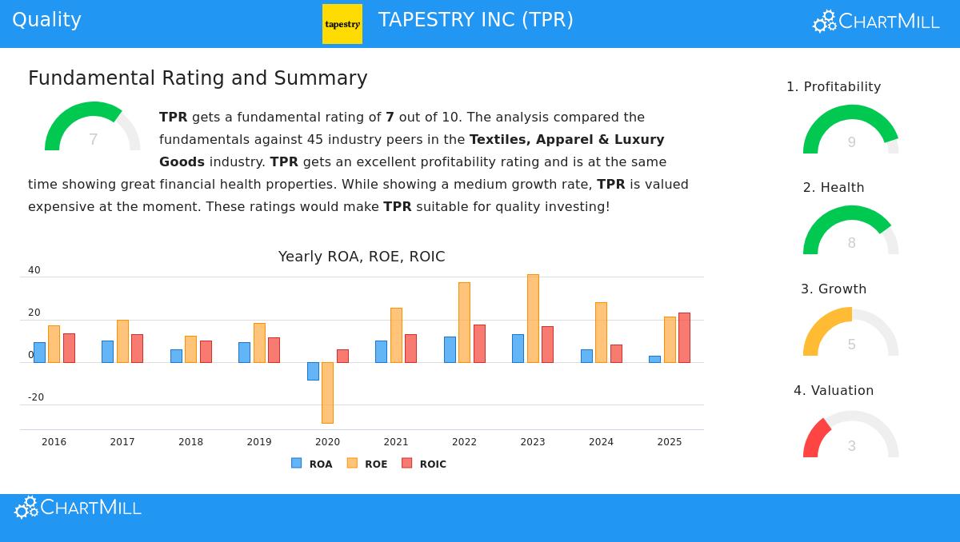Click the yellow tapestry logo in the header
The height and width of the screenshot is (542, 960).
[x=342, y=24]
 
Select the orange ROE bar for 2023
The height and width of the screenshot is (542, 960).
[x=533, y=318]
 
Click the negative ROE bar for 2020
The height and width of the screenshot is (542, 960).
[x=327, y=393]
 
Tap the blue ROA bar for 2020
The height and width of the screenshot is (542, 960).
[x=313, y=371]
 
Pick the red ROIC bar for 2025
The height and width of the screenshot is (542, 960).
[x=684, y=337]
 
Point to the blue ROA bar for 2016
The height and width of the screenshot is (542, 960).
[x=39, y=353]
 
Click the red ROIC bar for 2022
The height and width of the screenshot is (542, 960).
[x=479, y=344]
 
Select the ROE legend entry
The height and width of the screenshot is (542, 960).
[x=367, y=464]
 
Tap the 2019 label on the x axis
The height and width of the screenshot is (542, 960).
[x=259, y=442]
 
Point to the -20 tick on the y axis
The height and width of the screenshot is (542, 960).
[x=36, y=397]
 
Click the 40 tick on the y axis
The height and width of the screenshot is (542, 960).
[x=34, y=270]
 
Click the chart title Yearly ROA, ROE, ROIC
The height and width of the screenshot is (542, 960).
[x=362, y=257]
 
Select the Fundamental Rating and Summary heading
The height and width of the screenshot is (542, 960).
[x=198, y=78]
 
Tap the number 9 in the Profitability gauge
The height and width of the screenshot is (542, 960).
[x=851, y=142]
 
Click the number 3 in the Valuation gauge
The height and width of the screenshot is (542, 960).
[x=851, y=446]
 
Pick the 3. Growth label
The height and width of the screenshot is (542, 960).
[x=834, y=289]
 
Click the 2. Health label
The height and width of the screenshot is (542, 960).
[x=834, y=188]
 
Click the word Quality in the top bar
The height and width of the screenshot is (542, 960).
[x=46, y=20]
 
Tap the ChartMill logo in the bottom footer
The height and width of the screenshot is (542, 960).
[x=78, y=508]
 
